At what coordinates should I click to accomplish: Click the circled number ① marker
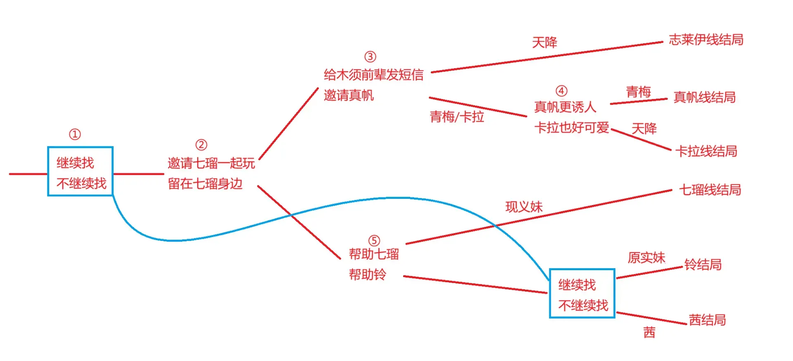75,134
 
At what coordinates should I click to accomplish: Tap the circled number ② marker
201,145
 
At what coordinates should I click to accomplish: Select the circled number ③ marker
370,57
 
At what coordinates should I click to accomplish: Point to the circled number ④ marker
561,91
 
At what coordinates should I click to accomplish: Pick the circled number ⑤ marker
374,241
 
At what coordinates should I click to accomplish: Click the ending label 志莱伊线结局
706,40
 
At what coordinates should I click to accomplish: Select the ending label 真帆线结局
705,97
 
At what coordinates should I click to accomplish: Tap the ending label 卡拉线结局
706,151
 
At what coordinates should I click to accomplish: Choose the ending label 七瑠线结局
710,190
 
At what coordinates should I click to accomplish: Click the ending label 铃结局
703,264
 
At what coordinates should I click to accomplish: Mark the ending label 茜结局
708,320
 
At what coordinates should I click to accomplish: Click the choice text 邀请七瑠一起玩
211,163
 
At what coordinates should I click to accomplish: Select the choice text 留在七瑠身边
205,184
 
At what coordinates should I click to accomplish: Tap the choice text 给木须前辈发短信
374,75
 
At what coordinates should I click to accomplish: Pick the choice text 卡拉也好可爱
572,127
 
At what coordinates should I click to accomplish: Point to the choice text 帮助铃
368,274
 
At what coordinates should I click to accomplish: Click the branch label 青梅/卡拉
457,117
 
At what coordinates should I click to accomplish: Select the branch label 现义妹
524,207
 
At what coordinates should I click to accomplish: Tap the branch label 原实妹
646,258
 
